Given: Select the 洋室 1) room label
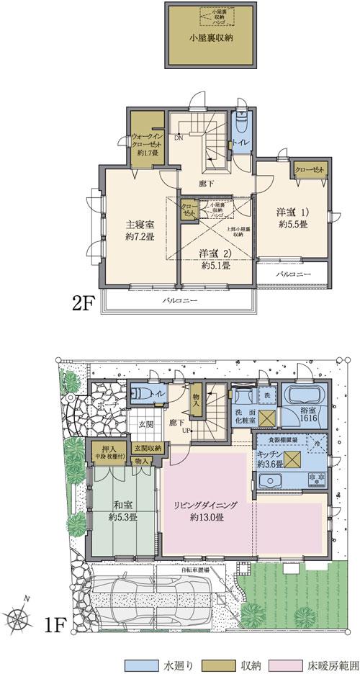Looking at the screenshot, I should [292, 218].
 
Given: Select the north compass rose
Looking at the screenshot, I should [19, 618].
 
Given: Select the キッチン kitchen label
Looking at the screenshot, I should [270, 459].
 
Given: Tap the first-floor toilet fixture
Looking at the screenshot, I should [142, 395].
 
